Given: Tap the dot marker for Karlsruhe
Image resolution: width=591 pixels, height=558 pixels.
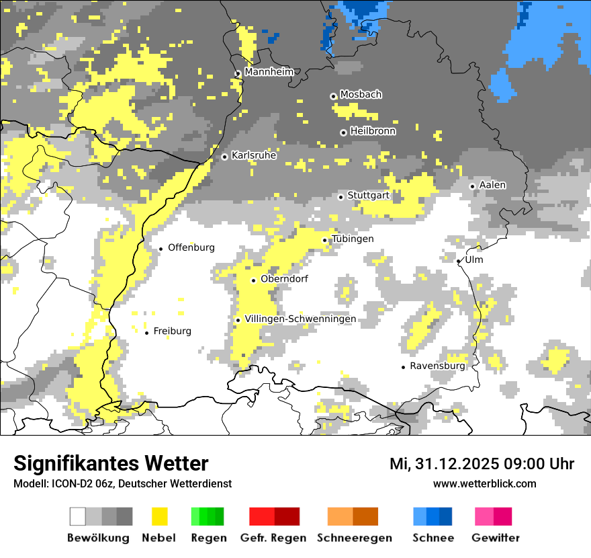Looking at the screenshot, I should (225, 157).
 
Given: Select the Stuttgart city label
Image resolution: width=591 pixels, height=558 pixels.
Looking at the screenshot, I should (368, 196).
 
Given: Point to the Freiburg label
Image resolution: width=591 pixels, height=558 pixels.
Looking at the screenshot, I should (172, 331).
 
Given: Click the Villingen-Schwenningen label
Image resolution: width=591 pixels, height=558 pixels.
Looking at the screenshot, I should (300, 319).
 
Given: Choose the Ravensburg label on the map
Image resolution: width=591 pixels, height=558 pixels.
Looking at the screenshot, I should (437, 366).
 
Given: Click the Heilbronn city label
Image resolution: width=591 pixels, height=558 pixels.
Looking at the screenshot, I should (373, 131).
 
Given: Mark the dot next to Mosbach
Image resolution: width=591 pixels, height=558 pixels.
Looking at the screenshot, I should (333, 96).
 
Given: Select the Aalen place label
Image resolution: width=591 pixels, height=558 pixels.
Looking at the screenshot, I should (492, 185).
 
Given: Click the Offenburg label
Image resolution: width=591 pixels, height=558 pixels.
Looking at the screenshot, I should (191, 247).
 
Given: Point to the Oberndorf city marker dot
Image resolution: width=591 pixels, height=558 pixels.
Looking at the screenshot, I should (254, 280).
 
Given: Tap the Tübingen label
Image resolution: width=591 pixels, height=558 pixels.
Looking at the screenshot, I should (353, 239).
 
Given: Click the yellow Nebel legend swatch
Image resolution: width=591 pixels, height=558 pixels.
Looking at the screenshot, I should (160, 516).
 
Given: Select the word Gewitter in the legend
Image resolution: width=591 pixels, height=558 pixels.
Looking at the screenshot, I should (495, 538).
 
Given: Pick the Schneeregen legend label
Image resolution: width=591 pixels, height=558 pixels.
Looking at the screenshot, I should (354, 538).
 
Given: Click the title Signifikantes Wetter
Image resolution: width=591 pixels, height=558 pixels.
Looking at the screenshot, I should (111, 463).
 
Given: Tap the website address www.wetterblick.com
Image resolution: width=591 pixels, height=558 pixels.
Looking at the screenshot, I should (484, 483).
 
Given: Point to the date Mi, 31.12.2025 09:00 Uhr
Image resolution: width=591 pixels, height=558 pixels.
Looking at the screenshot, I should (482, 464).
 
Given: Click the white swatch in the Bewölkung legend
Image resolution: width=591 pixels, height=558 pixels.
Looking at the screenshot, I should (78, 516).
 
